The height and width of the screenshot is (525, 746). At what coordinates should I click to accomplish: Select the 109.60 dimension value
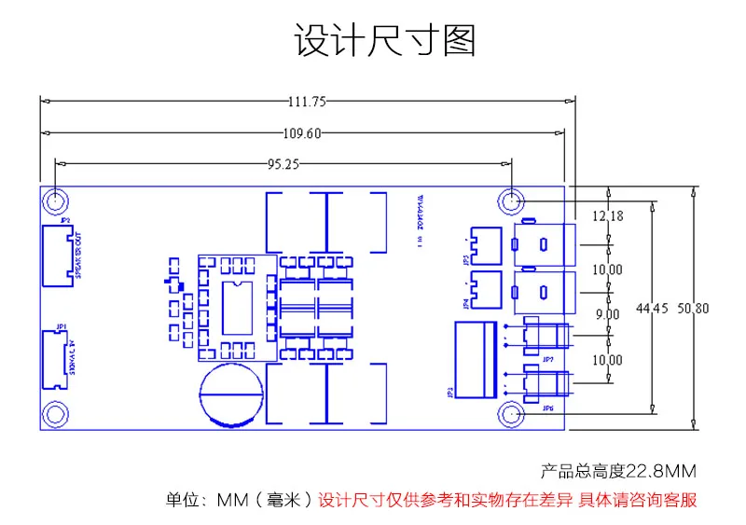(x=301, y=132)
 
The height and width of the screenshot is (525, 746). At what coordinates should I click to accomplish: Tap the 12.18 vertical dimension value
(x=607, y=216)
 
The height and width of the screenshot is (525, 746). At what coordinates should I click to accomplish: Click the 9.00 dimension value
(x=607, y=315)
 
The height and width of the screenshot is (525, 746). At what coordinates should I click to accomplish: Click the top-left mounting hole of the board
(x=57, y=200)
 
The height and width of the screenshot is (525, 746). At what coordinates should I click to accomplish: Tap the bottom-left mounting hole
(x=57, y=413)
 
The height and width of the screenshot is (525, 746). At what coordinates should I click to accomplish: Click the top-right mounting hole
(x=511, y=200)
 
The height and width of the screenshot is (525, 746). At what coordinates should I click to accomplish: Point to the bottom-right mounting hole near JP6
(x=511, y=413)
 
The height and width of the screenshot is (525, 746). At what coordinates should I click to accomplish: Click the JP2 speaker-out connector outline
(x=55, y=253)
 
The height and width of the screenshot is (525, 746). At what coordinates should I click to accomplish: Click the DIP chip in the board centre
(x=238, y=305)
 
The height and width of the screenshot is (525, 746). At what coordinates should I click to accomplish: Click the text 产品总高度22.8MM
(x=619, y=471)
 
